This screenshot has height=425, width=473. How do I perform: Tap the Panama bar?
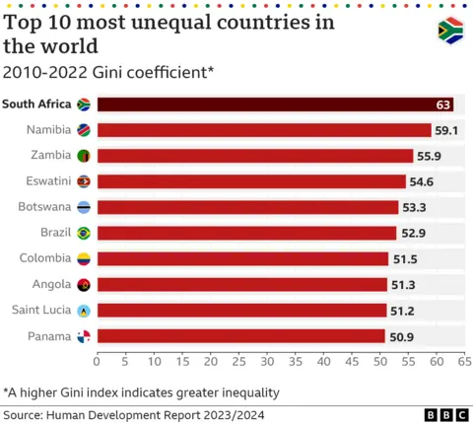(240, 336)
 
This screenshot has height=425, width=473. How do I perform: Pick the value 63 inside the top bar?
(443, 105)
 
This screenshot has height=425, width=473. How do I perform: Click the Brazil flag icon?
(84, 233)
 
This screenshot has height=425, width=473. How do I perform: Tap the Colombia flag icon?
(84, 258)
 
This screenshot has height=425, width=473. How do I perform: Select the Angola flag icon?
(84, 284)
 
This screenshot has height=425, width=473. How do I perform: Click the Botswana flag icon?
(84, 207)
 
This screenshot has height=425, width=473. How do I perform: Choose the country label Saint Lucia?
(39, 310)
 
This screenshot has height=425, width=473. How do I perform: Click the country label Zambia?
(51, 156)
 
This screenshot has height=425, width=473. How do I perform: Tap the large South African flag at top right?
(450, 31)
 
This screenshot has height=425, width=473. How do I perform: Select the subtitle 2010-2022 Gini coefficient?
(108, 71)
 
